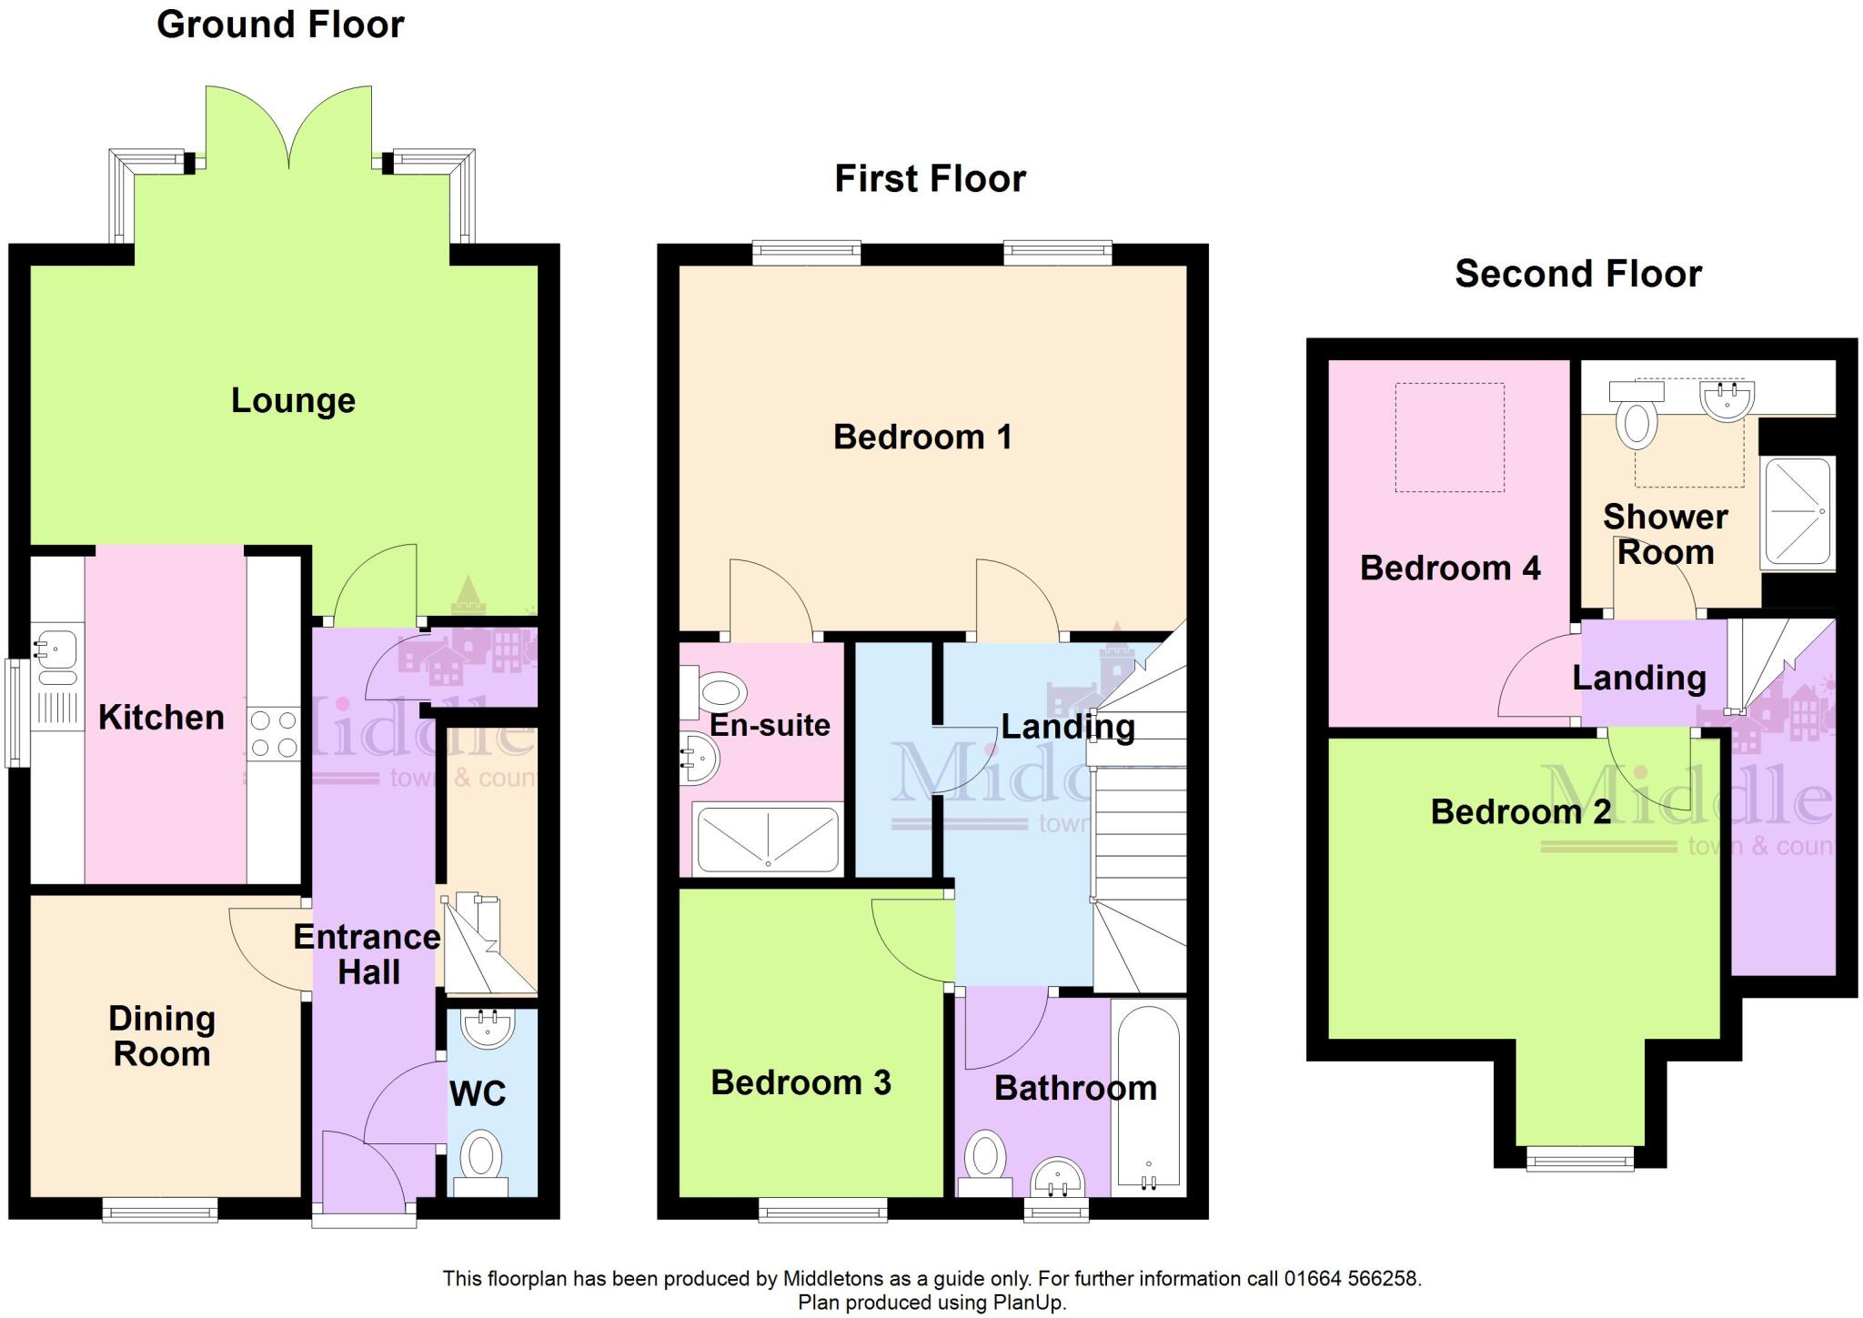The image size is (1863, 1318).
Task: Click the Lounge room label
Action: click(293, 401)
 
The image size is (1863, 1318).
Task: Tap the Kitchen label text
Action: click(161, 718)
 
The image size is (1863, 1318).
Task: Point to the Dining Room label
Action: click(162, 1036)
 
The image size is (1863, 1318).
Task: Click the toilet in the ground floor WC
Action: click(481, 1161)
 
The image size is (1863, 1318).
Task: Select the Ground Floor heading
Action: click(280, 25)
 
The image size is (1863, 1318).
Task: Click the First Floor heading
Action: click(930, 179)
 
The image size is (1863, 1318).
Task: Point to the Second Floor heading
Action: click(1577, 274)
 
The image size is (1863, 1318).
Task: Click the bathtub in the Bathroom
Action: click(1148, 1098)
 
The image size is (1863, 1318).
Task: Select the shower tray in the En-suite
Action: click(766, 839)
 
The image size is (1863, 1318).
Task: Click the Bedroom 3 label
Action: click(801, 1082)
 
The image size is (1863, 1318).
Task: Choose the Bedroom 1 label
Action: click(921, 438)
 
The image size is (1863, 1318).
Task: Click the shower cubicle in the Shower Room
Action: click(1797, 511)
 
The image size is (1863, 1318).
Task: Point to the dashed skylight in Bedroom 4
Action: click(1449, 438)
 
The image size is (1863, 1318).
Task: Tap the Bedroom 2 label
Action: click(1520, 811)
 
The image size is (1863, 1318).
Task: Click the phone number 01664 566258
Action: click(1352, 1279)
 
